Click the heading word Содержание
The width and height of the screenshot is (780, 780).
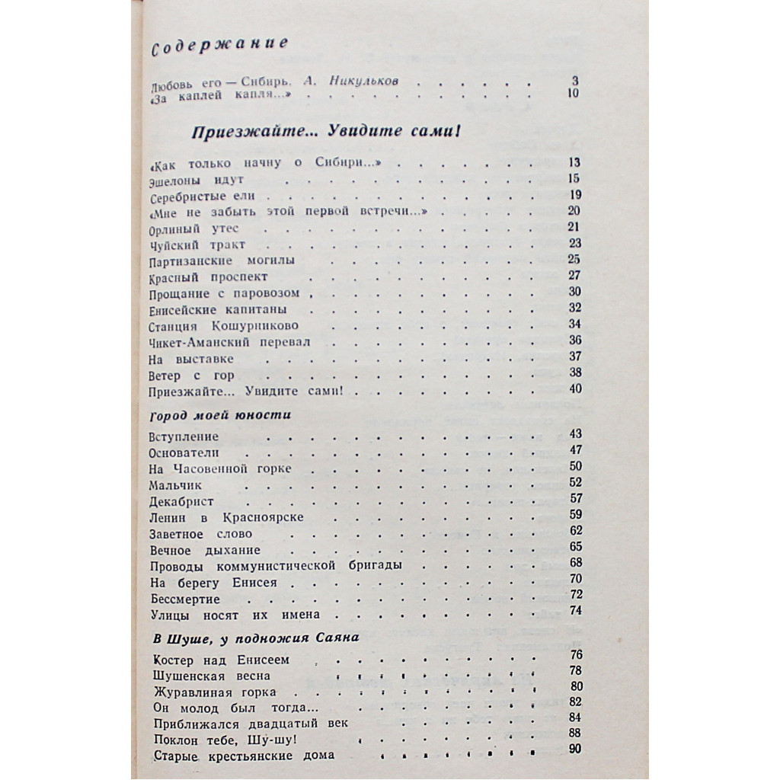219,48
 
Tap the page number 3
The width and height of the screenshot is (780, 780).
576,81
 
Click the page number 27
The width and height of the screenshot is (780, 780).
574,276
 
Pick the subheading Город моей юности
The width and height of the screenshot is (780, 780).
219,414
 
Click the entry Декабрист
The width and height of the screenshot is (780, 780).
183,501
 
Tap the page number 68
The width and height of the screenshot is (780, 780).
576,562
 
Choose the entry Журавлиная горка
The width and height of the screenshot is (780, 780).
215,692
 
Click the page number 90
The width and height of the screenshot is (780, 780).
576,749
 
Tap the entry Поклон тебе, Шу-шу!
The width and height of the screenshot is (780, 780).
224,740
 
